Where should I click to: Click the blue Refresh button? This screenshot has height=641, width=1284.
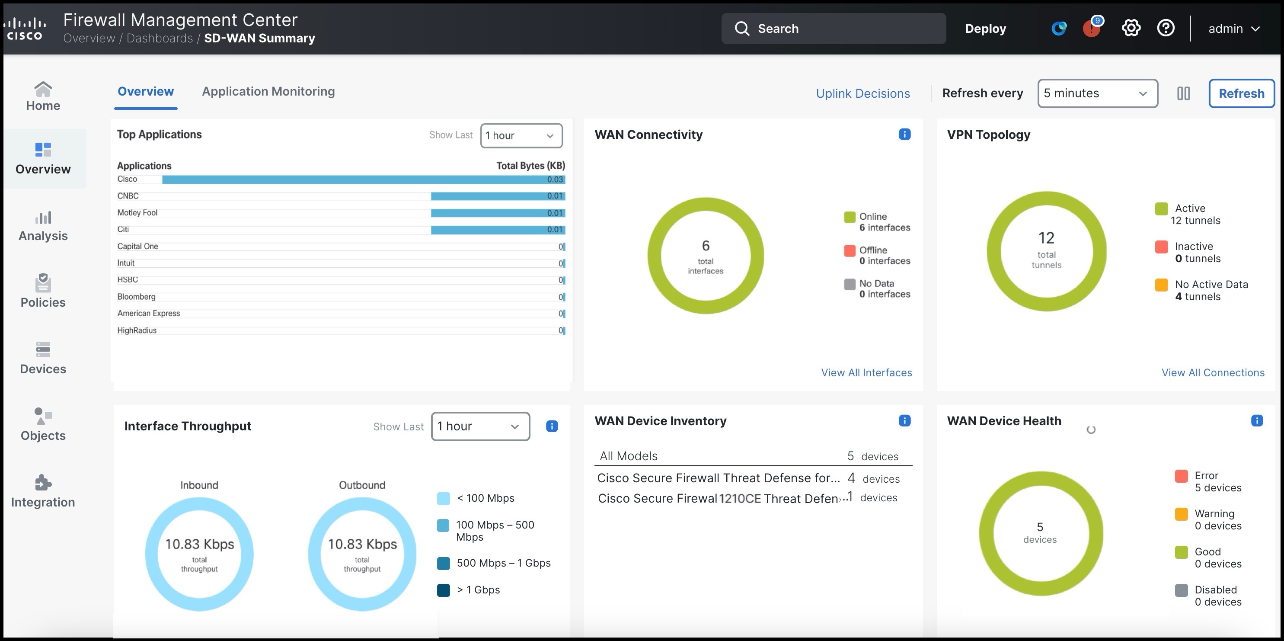coord(1241,93)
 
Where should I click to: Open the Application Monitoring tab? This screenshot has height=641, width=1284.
coord(268,92)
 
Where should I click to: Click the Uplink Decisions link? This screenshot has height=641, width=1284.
coord(862,93)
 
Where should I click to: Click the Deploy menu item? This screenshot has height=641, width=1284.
coord(985,29)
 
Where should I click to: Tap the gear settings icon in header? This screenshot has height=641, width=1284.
coord(1131,29)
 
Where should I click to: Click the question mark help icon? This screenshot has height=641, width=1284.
coord(1166,29)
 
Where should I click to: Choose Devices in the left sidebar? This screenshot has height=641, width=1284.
coord(43,358)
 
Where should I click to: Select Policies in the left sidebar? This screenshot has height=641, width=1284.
coord(43,291)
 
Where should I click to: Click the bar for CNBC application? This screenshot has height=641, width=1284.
coord(498,196)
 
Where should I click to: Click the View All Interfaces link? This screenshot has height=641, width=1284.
coord(866,373)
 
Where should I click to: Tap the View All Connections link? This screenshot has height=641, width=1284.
coord(1212,373)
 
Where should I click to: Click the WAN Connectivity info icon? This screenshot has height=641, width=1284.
coord(904,134)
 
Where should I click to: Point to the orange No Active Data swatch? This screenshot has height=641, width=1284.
coord(1161,285)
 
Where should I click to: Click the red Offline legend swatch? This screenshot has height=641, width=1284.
coord(850,250)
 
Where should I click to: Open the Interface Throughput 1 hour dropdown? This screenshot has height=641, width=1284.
coord(479,426)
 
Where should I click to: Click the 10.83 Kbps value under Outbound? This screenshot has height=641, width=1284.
coord(362,544)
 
